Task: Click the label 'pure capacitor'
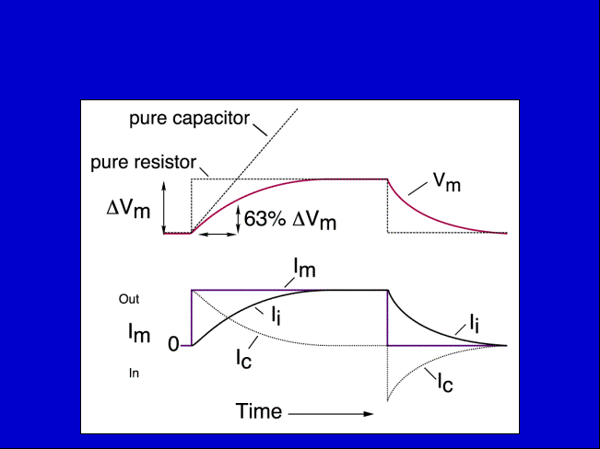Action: [190, 119]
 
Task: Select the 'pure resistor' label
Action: [144, 163]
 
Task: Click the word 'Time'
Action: [259, 411]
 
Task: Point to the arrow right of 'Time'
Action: [331, 414]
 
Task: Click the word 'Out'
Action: [129, 299]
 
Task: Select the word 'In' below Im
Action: [134, 373]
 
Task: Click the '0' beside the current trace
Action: [173, 345]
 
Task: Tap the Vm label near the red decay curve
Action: [447, 182]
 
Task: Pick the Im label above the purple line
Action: [304, 268]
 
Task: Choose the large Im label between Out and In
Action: [139, 333]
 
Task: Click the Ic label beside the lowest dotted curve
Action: [445, 384]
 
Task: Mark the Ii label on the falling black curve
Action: [475, 323]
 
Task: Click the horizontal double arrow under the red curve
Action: [218, 235]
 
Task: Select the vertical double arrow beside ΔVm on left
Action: [164, 207]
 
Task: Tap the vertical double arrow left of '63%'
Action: [238, 219]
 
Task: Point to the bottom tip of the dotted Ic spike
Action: [388, 402]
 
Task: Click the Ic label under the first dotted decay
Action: [243, 360]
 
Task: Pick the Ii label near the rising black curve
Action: [276, 317]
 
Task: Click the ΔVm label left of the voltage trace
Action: [128, 210]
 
